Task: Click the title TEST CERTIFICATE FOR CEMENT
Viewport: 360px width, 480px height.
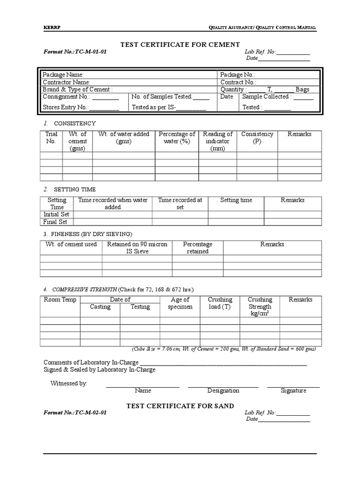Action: tap(180, 45)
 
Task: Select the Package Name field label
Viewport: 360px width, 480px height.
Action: tap(63, 75)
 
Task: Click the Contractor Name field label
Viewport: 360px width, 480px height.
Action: tap(66, 82)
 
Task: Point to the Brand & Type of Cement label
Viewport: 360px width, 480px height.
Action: tap(77, 90)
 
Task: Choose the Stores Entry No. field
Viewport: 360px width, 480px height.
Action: tap(81, 107)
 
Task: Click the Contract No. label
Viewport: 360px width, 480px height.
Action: tap(238, 82)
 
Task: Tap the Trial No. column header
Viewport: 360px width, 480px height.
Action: tap(51, 137)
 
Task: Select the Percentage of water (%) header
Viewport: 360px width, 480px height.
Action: tap(177, 137)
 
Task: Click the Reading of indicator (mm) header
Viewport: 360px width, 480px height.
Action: tap(217, 141)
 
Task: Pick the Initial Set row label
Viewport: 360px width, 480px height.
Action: tap(56, 214)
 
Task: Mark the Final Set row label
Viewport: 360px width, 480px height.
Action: tap(56, 222)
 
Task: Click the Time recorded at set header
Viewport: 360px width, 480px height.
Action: tap(180, 203)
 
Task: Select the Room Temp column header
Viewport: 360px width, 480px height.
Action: tap(60, 300)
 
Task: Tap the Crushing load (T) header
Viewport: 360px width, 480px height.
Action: tap(220, 303)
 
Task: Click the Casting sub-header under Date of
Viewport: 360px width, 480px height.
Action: tap(100, 307)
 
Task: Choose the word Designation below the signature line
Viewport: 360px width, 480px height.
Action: tap(223, 390)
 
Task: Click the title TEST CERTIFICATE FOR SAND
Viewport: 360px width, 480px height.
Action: tap(180, 406)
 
